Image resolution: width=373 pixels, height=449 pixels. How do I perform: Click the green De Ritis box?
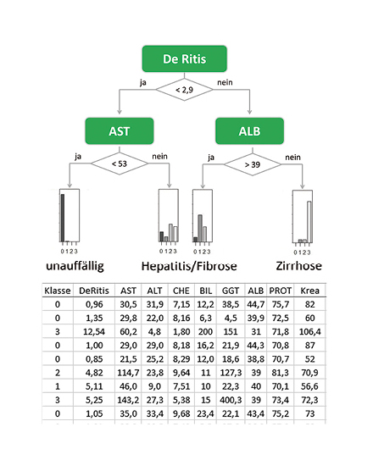[x=185, y=58]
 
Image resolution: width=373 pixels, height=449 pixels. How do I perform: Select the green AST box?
[x=120, y=130]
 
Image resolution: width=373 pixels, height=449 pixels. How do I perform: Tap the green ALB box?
[x=249, y=130]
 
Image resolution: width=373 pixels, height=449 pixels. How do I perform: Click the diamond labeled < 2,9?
[x=184, y=90]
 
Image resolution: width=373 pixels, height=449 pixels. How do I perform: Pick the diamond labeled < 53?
[x=120, y=164]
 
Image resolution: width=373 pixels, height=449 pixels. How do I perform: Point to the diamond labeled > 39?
[x=253, y=164]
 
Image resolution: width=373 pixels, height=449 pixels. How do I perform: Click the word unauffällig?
[x=75, y=266]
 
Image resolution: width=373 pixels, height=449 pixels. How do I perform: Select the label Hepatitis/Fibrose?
[x=189, y=266]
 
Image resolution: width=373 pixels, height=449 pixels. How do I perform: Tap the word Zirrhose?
[x=298, y=266]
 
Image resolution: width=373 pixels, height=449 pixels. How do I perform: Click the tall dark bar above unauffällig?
[x=63, y=218]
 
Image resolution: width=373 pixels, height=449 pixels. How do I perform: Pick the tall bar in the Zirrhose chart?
[x=309, y=222]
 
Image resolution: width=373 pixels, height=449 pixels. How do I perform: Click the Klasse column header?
[x=58, y=291]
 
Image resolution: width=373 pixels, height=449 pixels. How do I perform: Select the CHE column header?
[x=181, y=291]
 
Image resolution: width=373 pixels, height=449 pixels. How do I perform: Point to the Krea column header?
[x=309, y=291]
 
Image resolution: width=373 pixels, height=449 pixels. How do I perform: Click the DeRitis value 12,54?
[x=94, y=331]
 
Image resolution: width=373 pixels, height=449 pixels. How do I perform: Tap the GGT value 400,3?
[x=231, y=400]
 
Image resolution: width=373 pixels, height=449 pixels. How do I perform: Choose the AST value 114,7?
[x=128, y=373]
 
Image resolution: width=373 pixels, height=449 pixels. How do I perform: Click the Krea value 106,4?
[x=310, y=331]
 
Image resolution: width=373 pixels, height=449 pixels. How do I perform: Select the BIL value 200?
[x=205, y=331]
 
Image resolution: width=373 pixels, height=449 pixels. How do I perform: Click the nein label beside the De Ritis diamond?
[x=225, y=82]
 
